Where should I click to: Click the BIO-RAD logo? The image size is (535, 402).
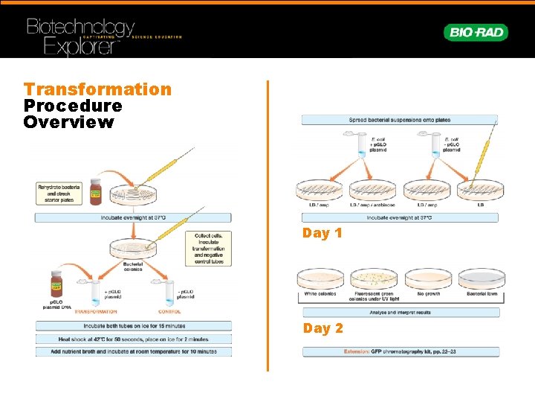coord(476,32)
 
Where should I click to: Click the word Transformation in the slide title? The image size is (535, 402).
coord(97,89)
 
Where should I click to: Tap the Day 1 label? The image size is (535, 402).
coord(322,233)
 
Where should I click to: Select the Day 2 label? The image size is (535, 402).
coord(322,328)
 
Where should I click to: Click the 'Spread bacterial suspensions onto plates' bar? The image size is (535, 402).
coord(399,120)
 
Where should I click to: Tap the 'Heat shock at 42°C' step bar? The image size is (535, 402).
coord(134,339)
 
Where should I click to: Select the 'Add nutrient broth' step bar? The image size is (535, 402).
coord(134,351)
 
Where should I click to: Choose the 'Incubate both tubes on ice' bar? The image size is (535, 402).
coord(134,326)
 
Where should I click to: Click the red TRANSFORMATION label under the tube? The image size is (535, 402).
coord(96,312)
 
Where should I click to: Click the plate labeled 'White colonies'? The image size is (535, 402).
coord(320,279)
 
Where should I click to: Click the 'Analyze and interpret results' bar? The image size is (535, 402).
coord(399,313)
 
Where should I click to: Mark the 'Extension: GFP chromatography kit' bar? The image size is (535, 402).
coord(399,351)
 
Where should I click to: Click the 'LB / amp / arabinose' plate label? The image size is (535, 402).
coord(373,204)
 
